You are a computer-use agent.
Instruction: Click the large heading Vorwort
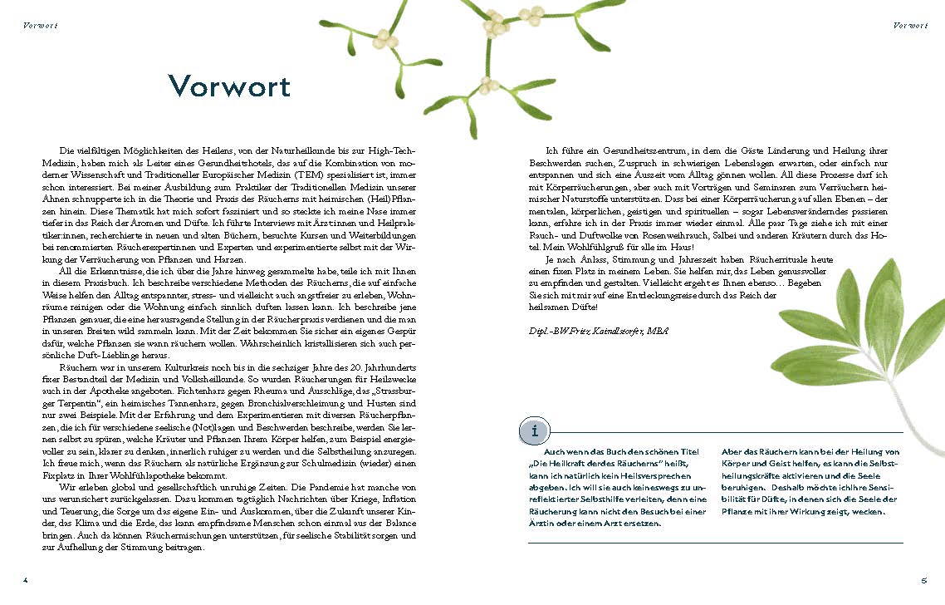pos(229,86)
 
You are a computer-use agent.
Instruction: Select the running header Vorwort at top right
pos(910,26)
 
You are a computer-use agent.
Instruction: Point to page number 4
pos(26,579)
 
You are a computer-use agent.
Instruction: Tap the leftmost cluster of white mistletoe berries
pos(383,38)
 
